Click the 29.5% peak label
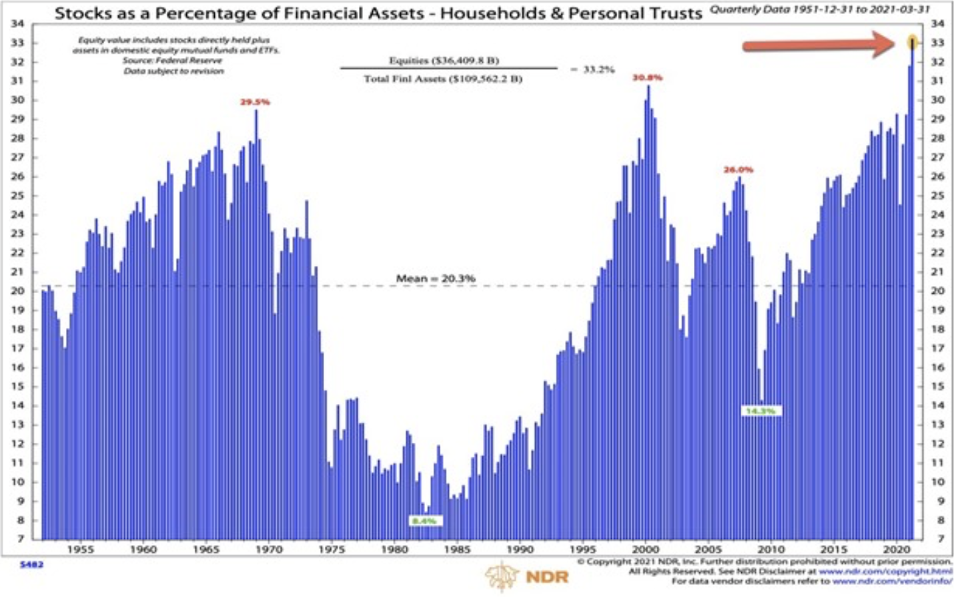tap(255, 102)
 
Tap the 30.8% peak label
tap(647, 77)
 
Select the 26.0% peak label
tap(738, 170)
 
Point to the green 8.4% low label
tap(424, 521)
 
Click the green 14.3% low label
tap(761, 411)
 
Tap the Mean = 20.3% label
tap(436, 278)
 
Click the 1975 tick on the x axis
tap(332, 549)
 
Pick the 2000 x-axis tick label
tap(645, 549)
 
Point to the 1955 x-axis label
tap(80, 549)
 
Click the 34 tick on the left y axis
tap(18, 23)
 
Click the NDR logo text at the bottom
tap(547, 577)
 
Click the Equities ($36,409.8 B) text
tap(444, 60)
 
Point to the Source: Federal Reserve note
tap(172, 60)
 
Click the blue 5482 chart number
tap(31, 565)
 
